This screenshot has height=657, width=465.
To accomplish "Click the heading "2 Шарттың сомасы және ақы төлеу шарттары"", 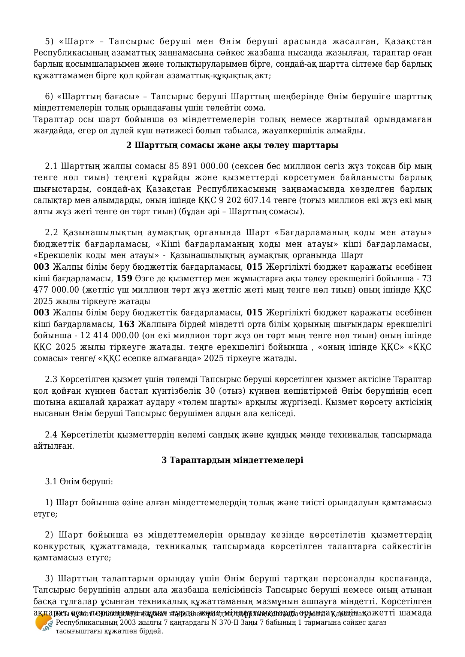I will (232, 145).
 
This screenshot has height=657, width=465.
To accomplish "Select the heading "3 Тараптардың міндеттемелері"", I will (232, 460).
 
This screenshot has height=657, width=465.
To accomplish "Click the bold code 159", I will (124, 278).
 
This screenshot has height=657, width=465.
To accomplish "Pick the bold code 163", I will (126, 324).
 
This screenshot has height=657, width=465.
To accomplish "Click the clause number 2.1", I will (51, 166).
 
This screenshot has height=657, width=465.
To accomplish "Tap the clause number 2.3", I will (51, 379).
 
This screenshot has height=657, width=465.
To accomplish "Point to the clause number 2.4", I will (51, 435).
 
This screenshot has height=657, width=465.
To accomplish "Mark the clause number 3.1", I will (51, 482).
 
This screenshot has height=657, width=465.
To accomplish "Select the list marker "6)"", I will (49, 97).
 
